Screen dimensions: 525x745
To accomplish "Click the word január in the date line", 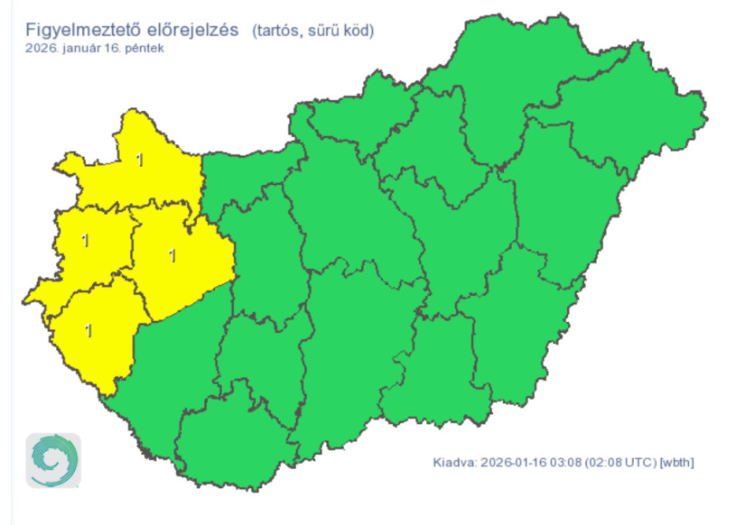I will [x=79, y=48].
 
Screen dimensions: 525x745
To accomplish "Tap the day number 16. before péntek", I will [x=115, y=48].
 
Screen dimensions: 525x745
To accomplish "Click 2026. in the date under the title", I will [x=41, y=48].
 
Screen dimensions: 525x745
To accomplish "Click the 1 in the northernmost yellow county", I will [x=139, y=161].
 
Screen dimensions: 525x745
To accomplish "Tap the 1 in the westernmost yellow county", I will [x=85, y=241].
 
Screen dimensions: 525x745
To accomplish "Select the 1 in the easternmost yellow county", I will [x=172, y=255].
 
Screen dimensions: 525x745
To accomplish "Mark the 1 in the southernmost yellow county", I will [x=88, y=330].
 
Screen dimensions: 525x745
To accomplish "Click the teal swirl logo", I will [x=53, y=460].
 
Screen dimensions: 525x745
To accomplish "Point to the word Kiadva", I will [x=453, y=464].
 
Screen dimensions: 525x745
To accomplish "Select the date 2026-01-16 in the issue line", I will [x=512, y=464].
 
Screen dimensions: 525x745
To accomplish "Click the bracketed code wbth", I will [x=677, y=464].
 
